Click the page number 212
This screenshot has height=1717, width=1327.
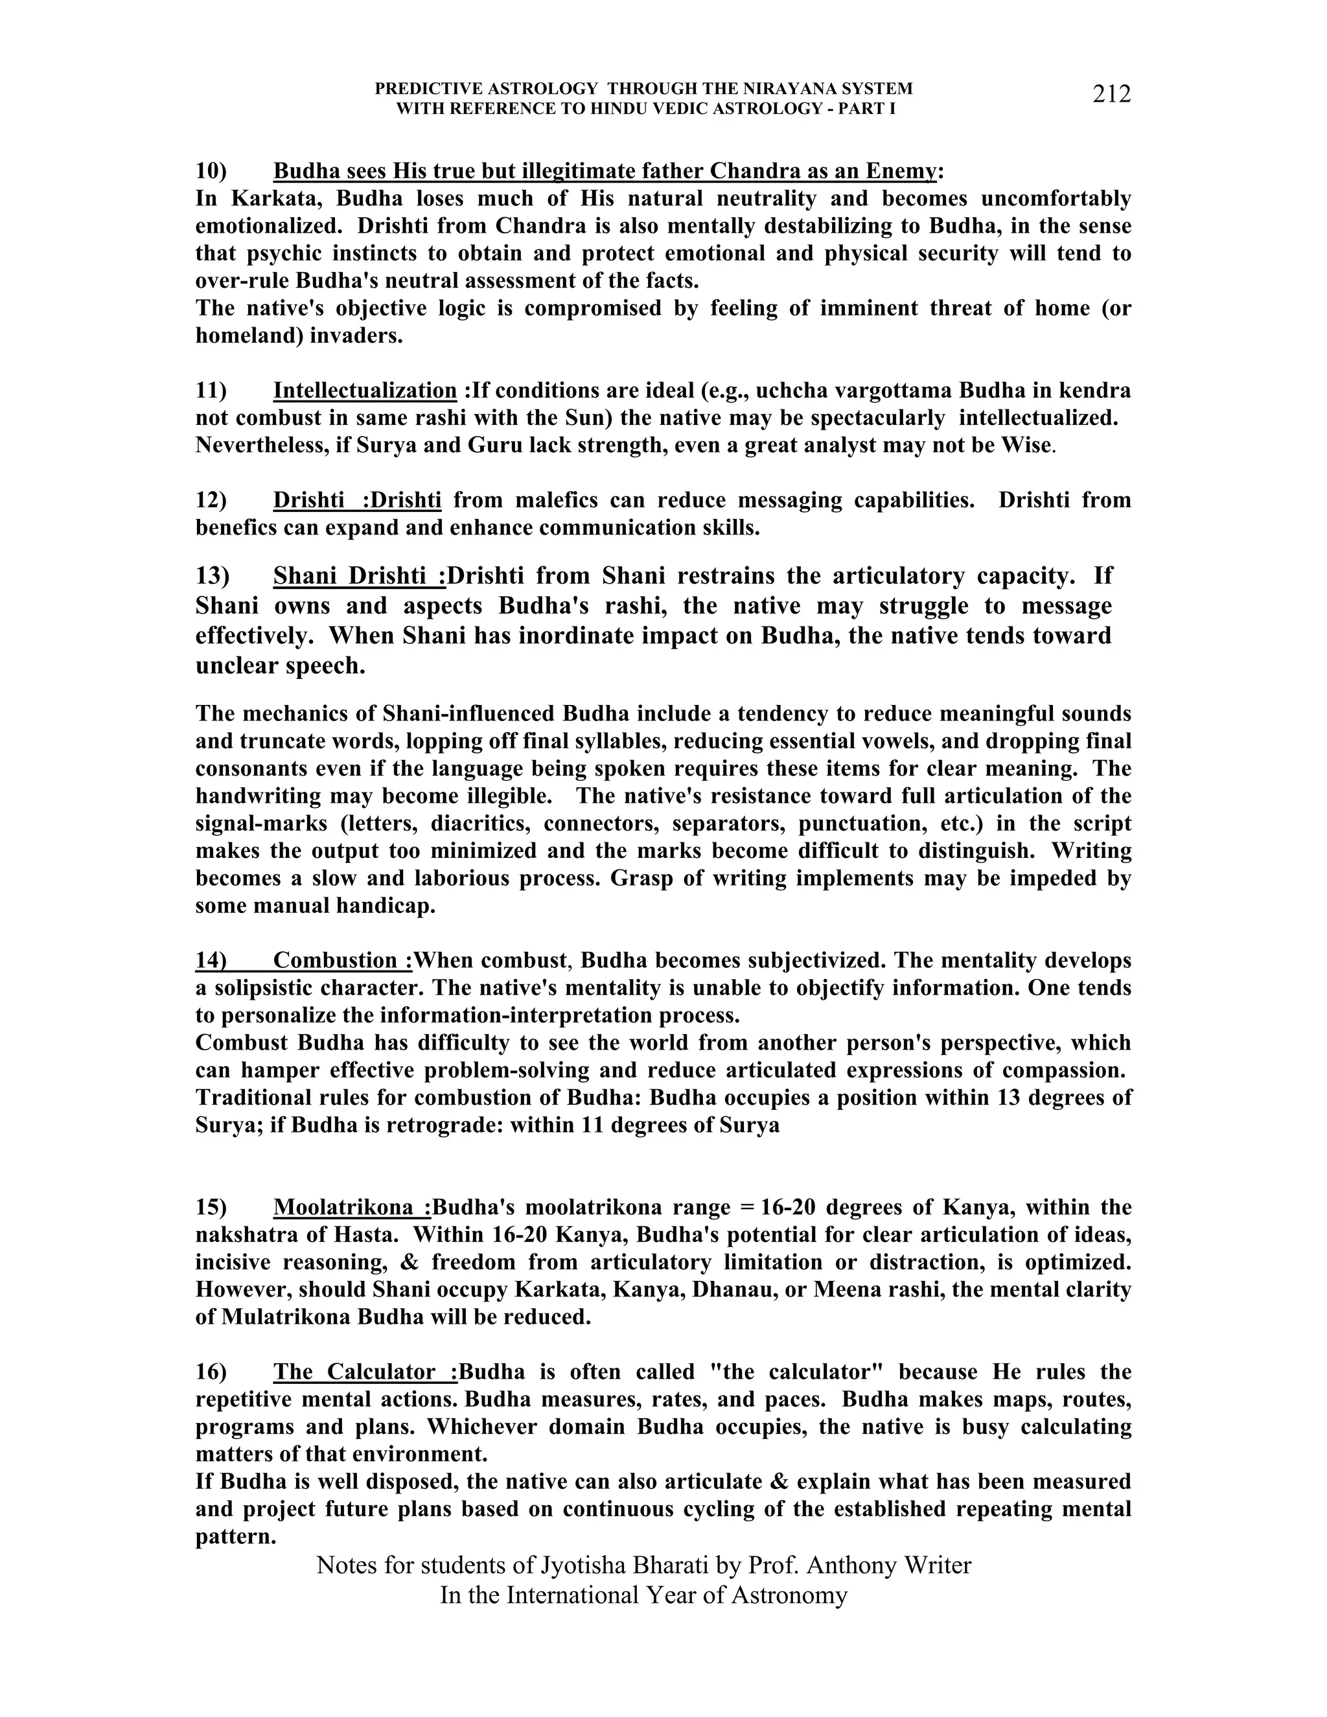click(x=1111, y=95)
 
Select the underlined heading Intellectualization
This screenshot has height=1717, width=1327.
click(x=365, y=391)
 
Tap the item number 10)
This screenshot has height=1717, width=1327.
click(x=211, y=172)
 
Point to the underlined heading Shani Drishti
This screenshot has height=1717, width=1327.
click(x=358, y=576)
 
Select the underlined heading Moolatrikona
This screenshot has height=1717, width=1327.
click(x=352, y=1208)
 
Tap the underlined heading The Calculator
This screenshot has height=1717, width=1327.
click(x=365, y=1372)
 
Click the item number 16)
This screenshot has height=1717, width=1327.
click(x=211, y=1372)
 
